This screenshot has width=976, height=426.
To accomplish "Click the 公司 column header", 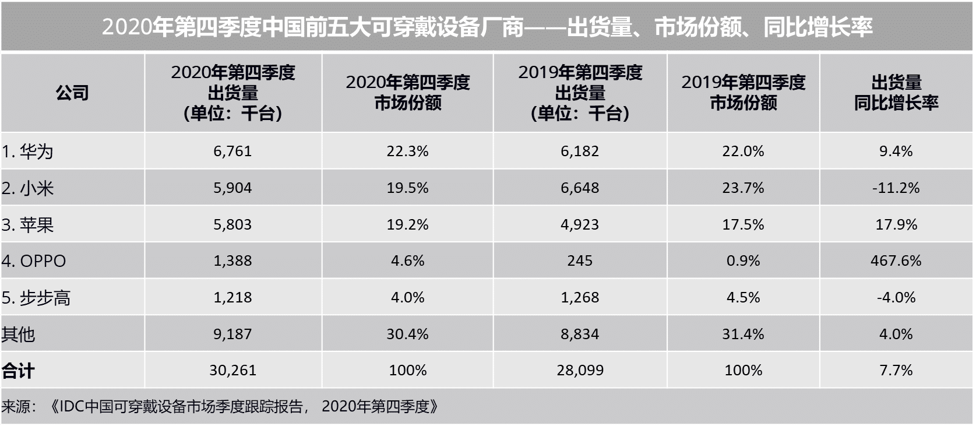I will (72, 93).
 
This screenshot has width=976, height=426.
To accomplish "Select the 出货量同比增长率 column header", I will (896, 93).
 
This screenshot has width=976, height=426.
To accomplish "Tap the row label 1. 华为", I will (28, 152).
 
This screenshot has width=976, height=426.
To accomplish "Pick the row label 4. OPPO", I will (34, 261).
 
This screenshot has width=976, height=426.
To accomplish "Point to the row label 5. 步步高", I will (36, 298).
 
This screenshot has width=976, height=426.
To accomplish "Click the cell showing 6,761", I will (232, 152).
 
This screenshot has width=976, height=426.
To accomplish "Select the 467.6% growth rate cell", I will (896, 261).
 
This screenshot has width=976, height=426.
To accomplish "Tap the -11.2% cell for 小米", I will (896, 188).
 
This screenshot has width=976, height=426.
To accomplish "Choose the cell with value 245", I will (580, 261).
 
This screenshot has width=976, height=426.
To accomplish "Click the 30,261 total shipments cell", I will (232, 371).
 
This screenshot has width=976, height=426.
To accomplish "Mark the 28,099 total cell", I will (580, 371).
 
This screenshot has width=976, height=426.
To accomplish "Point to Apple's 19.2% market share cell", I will (407, 225).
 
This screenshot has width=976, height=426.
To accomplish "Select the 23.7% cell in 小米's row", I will (743, 188).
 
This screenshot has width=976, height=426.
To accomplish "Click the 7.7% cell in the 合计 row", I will (896, 371).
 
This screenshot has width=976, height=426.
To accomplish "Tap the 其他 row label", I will (19, 335).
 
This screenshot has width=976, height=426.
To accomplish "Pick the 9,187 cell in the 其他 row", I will (232, 335).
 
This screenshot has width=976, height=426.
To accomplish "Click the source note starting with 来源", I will (220, 406).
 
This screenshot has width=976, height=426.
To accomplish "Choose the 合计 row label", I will (19, 371).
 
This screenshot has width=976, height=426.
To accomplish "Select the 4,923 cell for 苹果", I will (580, 225).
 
